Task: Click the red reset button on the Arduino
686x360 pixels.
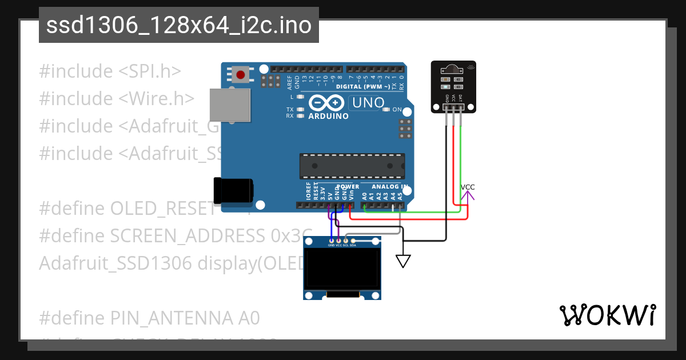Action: pyautogui.click(x=241, y=74)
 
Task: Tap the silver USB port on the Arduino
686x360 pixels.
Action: pyautogui.click(x=230, y=105)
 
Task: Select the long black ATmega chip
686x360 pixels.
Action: pyautogui.click(x=352, y=166)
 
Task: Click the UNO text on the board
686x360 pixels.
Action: pyautogui.click(x=366, y=103)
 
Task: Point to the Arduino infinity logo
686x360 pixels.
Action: pyautogui.click(x=326, y=103)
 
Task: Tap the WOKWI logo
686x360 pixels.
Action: pyautogui.click(x=607, y=315)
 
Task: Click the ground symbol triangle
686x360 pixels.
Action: pyautogui.click(x=404, y=261)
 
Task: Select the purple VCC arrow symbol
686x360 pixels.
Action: pyautogui.click(x=468, y=197)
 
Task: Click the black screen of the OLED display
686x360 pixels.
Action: pyautogui.click(x=342, y=269)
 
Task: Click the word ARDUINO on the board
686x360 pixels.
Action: pyautogui.click(x=328, y=116)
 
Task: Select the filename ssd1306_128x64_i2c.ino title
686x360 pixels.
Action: pyautogui.click(x=179, y=26)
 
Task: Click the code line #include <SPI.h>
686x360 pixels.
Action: pyautogui.click(x=110, y=71)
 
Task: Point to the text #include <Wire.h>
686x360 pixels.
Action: pyautogui.click(x=117, y=99)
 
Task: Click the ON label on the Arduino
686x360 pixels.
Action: pyautogui.click(x=397, y=109)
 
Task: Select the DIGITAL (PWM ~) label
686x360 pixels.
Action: pyautogui.click(x=363, y=87)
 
